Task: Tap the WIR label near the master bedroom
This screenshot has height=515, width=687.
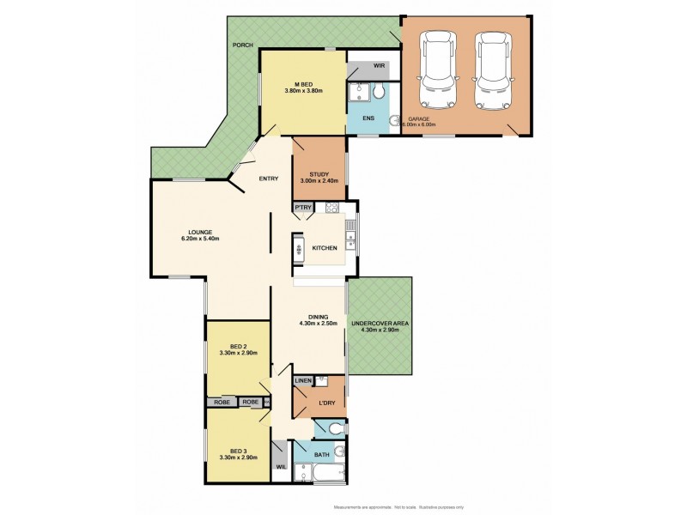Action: click(x=379, y=66)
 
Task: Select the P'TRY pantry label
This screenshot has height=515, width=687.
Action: click(x=302, y=208)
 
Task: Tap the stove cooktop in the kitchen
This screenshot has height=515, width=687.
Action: click(x=331, y=208)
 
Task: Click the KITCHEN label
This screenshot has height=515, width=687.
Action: click(x=325, y=248)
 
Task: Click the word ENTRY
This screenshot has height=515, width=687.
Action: click(x=269, y=179)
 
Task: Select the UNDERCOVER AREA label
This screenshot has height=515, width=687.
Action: click(x=380, y=324)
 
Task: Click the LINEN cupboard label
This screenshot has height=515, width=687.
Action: click(x=303, y=380)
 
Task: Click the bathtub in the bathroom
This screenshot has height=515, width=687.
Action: click(x=319, y=472)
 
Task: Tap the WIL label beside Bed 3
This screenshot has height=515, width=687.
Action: click(x=280, y=466)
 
